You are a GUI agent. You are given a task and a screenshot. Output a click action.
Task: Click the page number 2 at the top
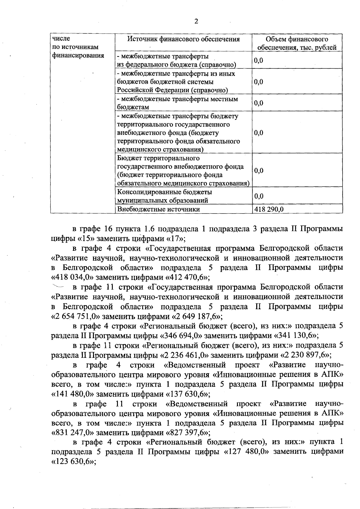pyautogui.click(x=196, y=21)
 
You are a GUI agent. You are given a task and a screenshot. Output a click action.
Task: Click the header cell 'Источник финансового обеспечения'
pyautogui.click(x=184, y=39)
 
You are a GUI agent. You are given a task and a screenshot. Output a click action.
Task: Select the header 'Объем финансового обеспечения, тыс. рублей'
pyautogui.click(x=297, y=43)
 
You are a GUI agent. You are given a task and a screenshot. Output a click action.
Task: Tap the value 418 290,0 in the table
pyautogui.click(x=269, y=209)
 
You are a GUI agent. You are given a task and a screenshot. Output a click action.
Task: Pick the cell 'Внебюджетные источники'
pyautogui.click(x=158, y=209)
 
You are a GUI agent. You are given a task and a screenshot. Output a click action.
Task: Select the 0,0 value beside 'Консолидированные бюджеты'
pyautogui.click(x=259, y=196)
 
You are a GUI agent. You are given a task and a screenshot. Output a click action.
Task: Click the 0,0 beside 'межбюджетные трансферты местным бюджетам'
pyautogui.click(x=259, y=103)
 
